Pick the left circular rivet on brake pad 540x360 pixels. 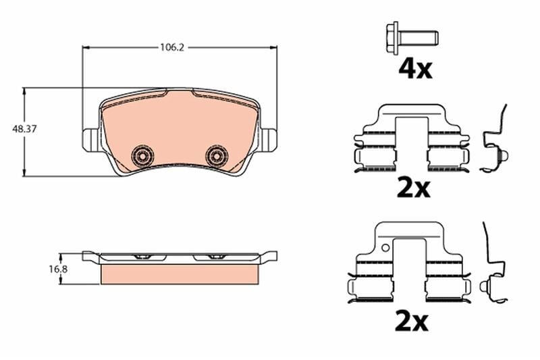[x=142, y=155]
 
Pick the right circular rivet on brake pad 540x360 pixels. [x=217, y=155]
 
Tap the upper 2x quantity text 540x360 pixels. [x=413, y=188]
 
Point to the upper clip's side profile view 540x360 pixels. [x=495, y=142]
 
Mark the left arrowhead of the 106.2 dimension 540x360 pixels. [x=85, y=47]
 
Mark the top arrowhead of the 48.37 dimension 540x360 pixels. [x=25, y=91]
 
